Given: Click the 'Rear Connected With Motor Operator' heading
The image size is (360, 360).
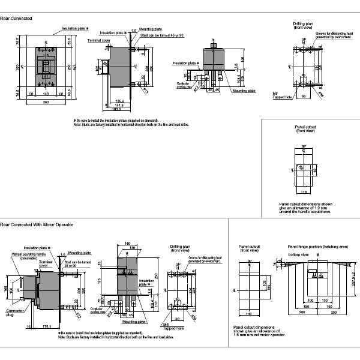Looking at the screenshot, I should click(37, 224).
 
